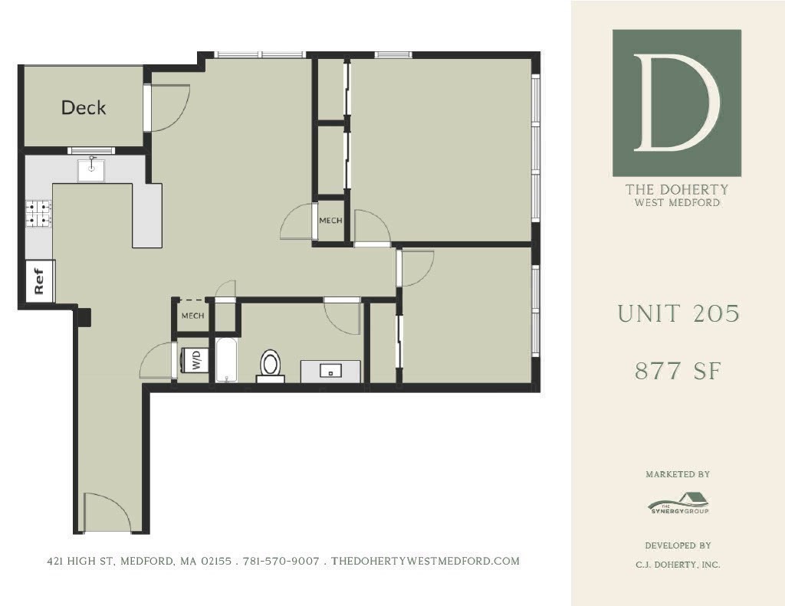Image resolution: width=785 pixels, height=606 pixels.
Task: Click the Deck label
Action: tap(84, 108)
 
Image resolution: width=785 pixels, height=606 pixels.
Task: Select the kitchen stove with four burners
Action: tap(38, 214)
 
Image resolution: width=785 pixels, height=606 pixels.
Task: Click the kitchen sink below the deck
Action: tap(91, 170)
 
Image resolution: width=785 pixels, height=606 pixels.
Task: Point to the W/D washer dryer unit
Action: tap(194, 360)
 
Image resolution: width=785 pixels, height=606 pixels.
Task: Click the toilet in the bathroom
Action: tap(271, 365)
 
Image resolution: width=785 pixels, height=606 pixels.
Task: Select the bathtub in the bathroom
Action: tap(225, 359)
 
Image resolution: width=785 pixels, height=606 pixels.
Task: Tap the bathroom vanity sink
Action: tap(330, 371)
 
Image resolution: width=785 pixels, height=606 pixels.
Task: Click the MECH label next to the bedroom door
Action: tap(330, 221)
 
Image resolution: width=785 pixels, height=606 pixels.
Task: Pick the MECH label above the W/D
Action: tap(192, 316)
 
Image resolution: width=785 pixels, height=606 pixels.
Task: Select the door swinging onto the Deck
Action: tap(167, 106)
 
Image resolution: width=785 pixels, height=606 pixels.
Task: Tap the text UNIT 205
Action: tap(678, 313)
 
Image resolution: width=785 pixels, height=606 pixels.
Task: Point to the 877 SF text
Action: tap(677, 371)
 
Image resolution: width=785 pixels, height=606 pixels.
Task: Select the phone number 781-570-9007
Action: tap(281, 562)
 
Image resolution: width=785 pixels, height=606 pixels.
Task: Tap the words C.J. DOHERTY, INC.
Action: tap(678, 565)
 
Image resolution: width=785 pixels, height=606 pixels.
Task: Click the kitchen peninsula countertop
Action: tap(146, 215)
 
